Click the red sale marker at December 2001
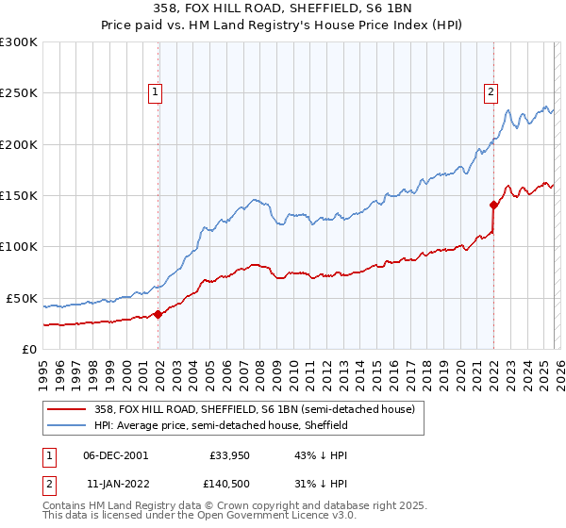tap(158, 315)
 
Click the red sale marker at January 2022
tap(493, 205)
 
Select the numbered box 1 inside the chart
tap(155, 92)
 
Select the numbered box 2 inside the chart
tap(491, 92)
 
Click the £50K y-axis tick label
tap(22, 298)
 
